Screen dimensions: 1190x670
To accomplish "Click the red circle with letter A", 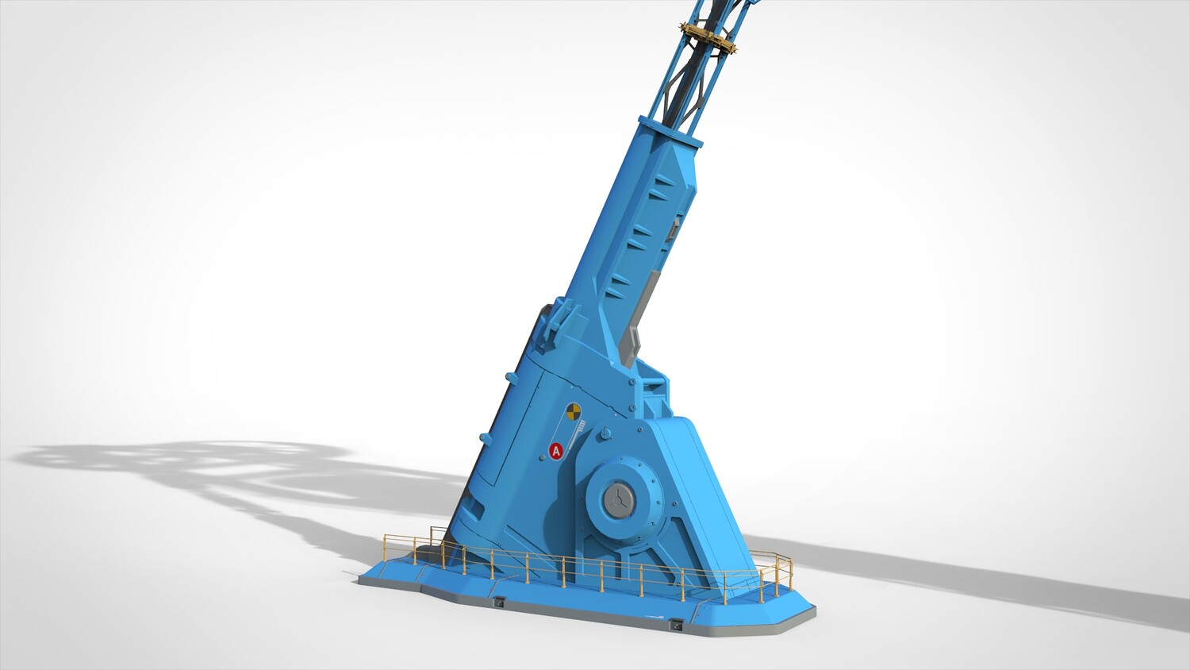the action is click(x=555, y=450).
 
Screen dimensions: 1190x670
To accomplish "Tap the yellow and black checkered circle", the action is click(x=573, y=411).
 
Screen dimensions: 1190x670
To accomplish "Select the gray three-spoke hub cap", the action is click(x=618, y=500).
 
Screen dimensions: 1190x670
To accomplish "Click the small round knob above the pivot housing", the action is click(x=604, y=434).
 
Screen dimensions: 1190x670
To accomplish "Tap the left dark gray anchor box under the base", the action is click(x=500, y=602).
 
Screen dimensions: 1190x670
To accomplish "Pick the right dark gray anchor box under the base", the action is click(x=676, y=625).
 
